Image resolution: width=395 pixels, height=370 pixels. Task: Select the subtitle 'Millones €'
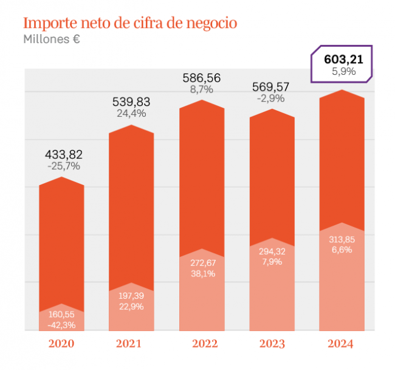pyautogui.click(x=52, y=40)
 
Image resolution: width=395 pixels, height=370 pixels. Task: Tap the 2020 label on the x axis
pyautogui.click(x=61, y=344)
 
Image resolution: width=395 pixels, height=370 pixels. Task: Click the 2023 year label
pyautogui.click(x=272, y=344)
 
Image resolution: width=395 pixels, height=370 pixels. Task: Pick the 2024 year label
pyautogui.click(x=341, y=344)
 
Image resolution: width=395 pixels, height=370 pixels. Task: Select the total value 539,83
pyautogui.click(x=131, y=101)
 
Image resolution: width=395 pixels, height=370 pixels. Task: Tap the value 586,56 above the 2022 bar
pyautogui.click(x=202, y=78)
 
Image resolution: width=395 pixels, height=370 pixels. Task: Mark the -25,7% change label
pyautogui.click(x=63, y=166)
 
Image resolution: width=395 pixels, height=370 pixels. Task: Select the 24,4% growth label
pyautogui.click(x=131, y=113)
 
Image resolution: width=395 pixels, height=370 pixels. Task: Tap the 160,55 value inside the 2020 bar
pyautogui.click(x=62, y=315)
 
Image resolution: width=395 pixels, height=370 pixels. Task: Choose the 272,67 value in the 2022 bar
pyautogui.click(x=202, y=262)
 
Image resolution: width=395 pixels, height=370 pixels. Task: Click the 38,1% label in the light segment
pyautogui.click(x=202, y=273)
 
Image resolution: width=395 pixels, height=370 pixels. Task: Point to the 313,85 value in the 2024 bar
pyautogui.click(x=342, y=239)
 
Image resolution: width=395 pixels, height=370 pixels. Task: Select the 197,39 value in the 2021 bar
pyautogui.click(x=131, y=295)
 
